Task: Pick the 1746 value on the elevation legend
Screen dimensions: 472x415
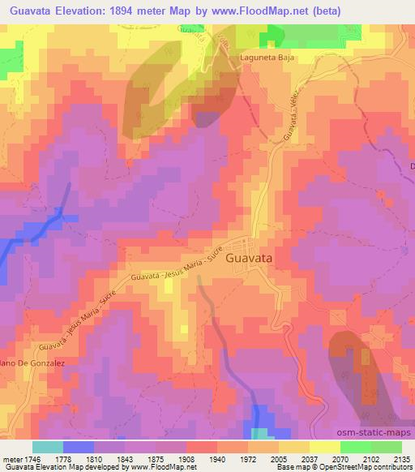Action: tap(30, 458)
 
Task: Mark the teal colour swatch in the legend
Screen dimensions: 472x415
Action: tap(48, 447)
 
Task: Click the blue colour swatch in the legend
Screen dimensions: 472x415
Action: tap(78, 447)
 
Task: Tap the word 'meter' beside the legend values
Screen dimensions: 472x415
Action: tap(11, 458)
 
